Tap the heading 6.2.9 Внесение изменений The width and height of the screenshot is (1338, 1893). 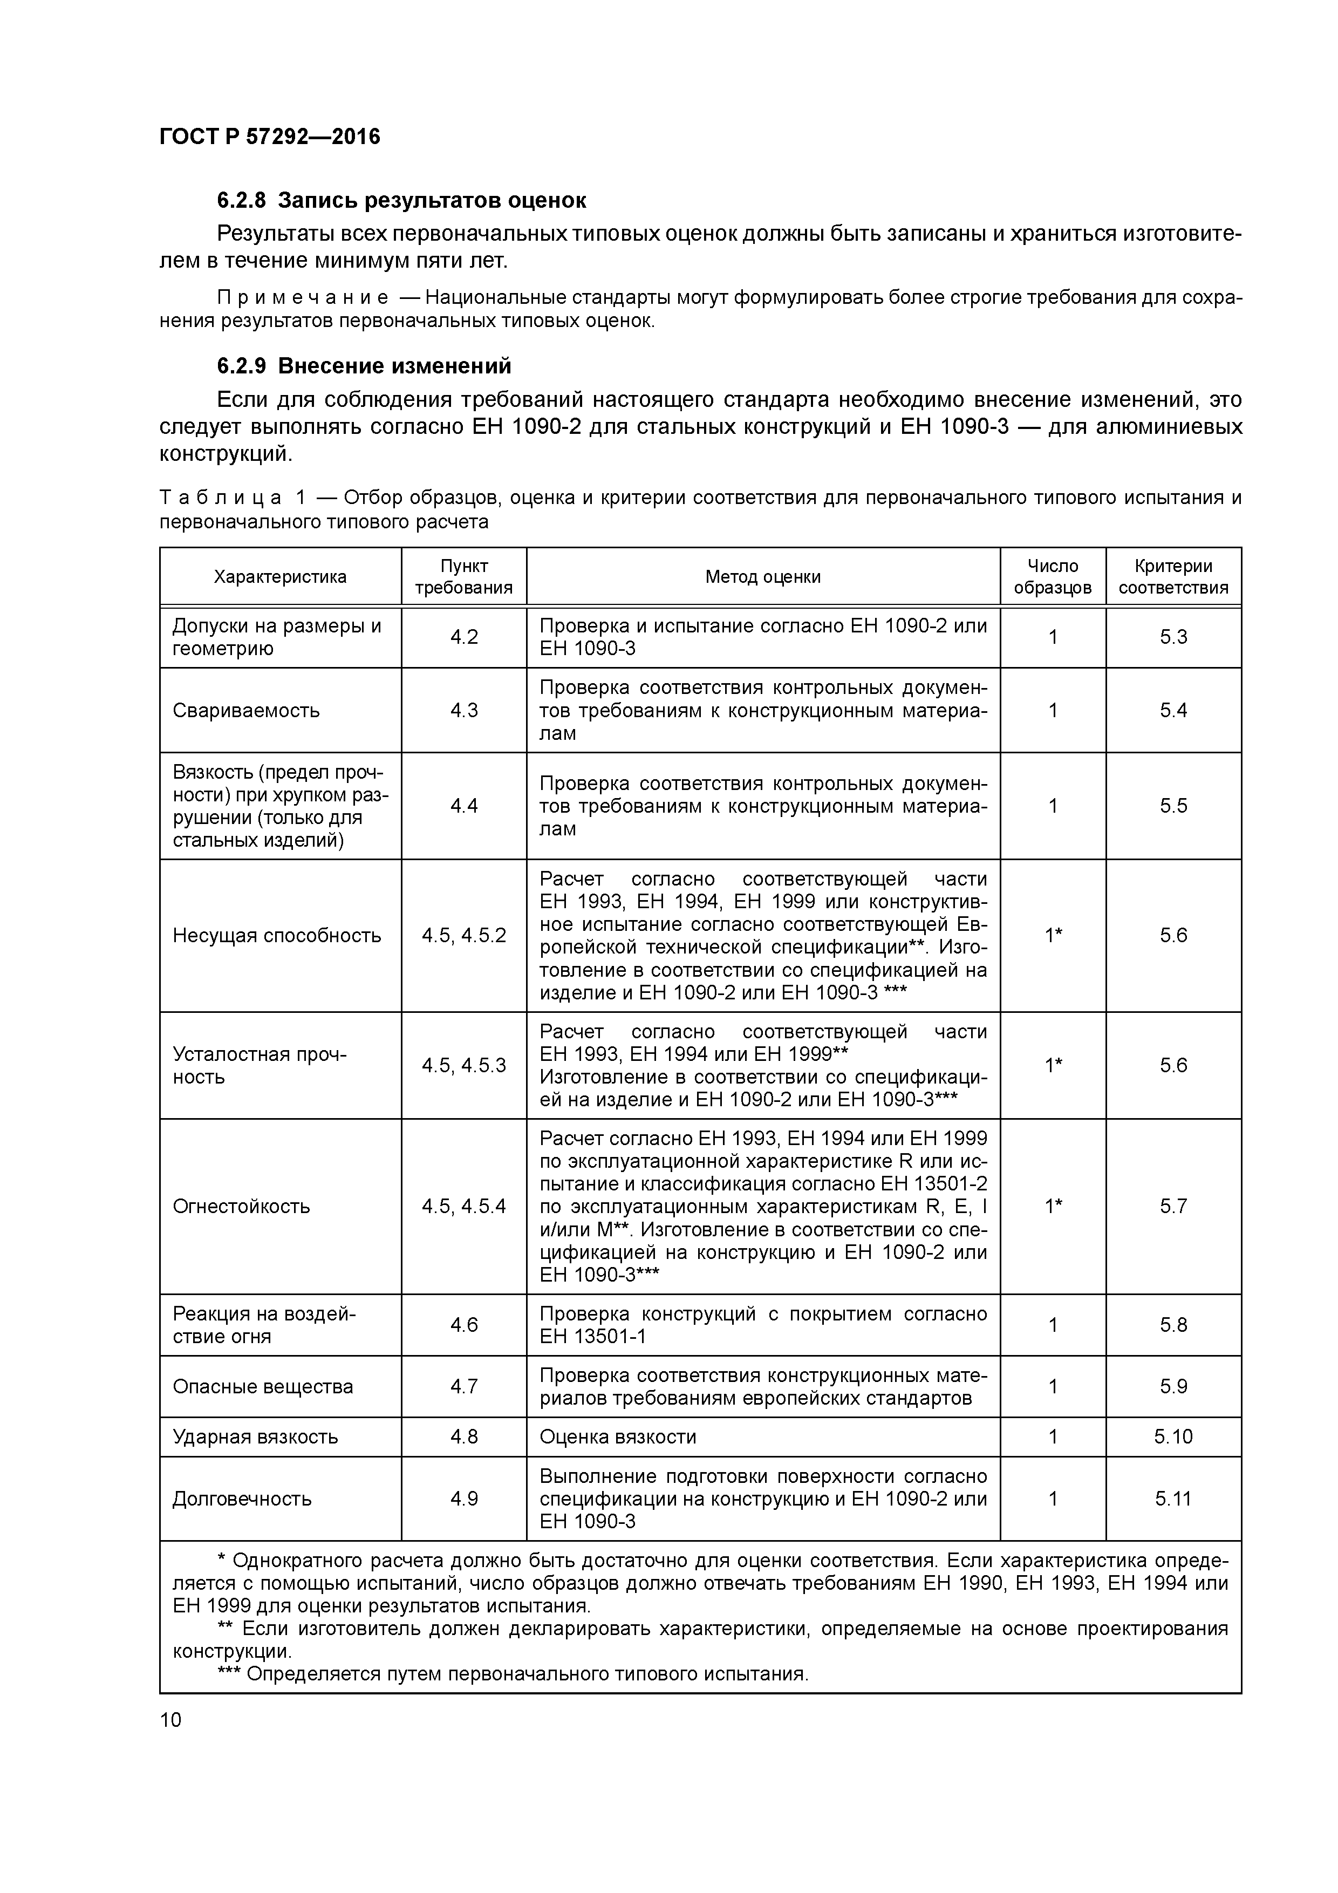point(364,365)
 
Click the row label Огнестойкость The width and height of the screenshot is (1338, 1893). point(241,1206)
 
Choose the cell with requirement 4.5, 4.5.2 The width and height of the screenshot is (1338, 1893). point(463,936)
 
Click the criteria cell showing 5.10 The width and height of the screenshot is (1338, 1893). point(1172,1437)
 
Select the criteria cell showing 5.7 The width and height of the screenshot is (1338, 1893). point(1172,1206)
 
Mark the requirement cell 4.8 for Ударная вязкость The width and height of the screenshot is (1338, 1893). point(463,1437)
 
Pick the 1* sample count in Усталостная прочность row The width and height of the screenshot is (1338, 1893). point(1053,1065)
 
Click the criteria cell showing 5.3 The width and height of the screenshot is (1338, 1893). point(1172,637)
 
